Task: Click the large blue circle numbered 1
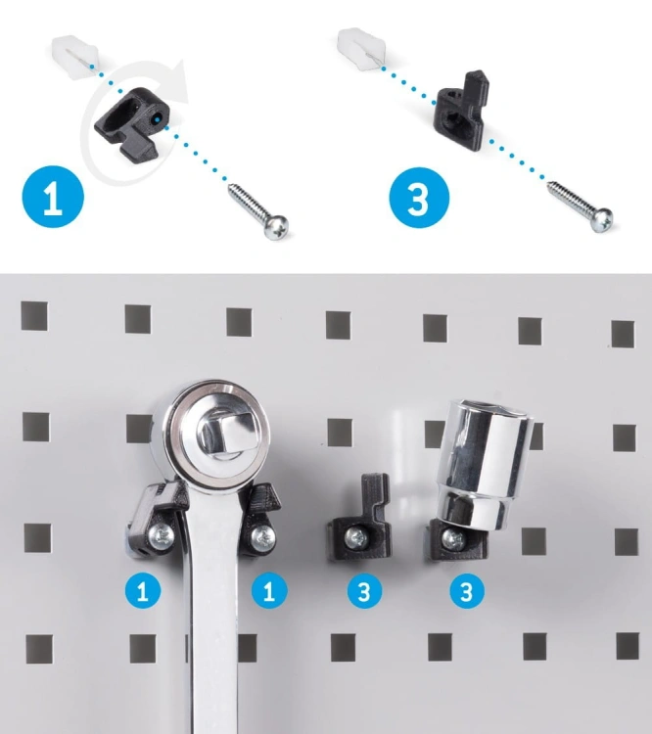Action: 53,197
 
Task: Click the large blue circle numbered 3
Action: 419,198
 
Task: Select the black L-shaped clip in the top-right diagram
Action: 461,112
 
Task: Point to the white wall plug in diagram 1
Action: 74,56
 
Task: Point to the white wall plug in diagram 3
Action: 361,50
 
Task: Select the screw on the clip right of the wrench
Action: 262,538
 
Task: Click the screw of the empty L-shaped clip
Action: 357,539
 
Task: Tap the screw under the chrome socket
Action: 453,539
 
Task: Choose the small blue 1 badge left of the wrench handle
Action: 143,591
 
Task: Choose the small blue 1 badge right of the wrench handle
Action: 269,591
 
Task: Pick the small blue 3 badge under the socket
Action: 467,591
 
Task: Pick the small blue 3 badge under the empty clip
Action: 364,591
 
